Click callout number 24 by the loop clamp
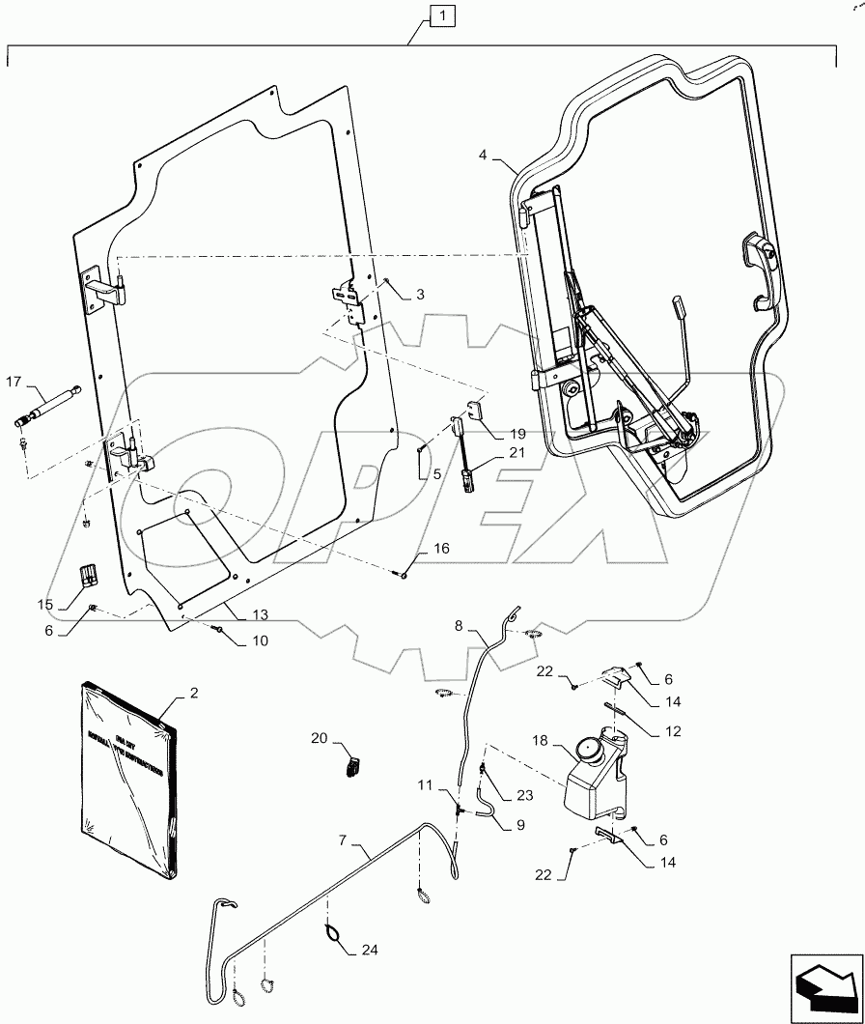click(x=370, y=951)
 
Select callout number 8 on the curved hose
click(x=459, y=626)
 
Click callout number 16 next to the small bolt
click(x=440, y=549)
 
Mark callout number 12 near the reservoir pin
click(x=672, y=731)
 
